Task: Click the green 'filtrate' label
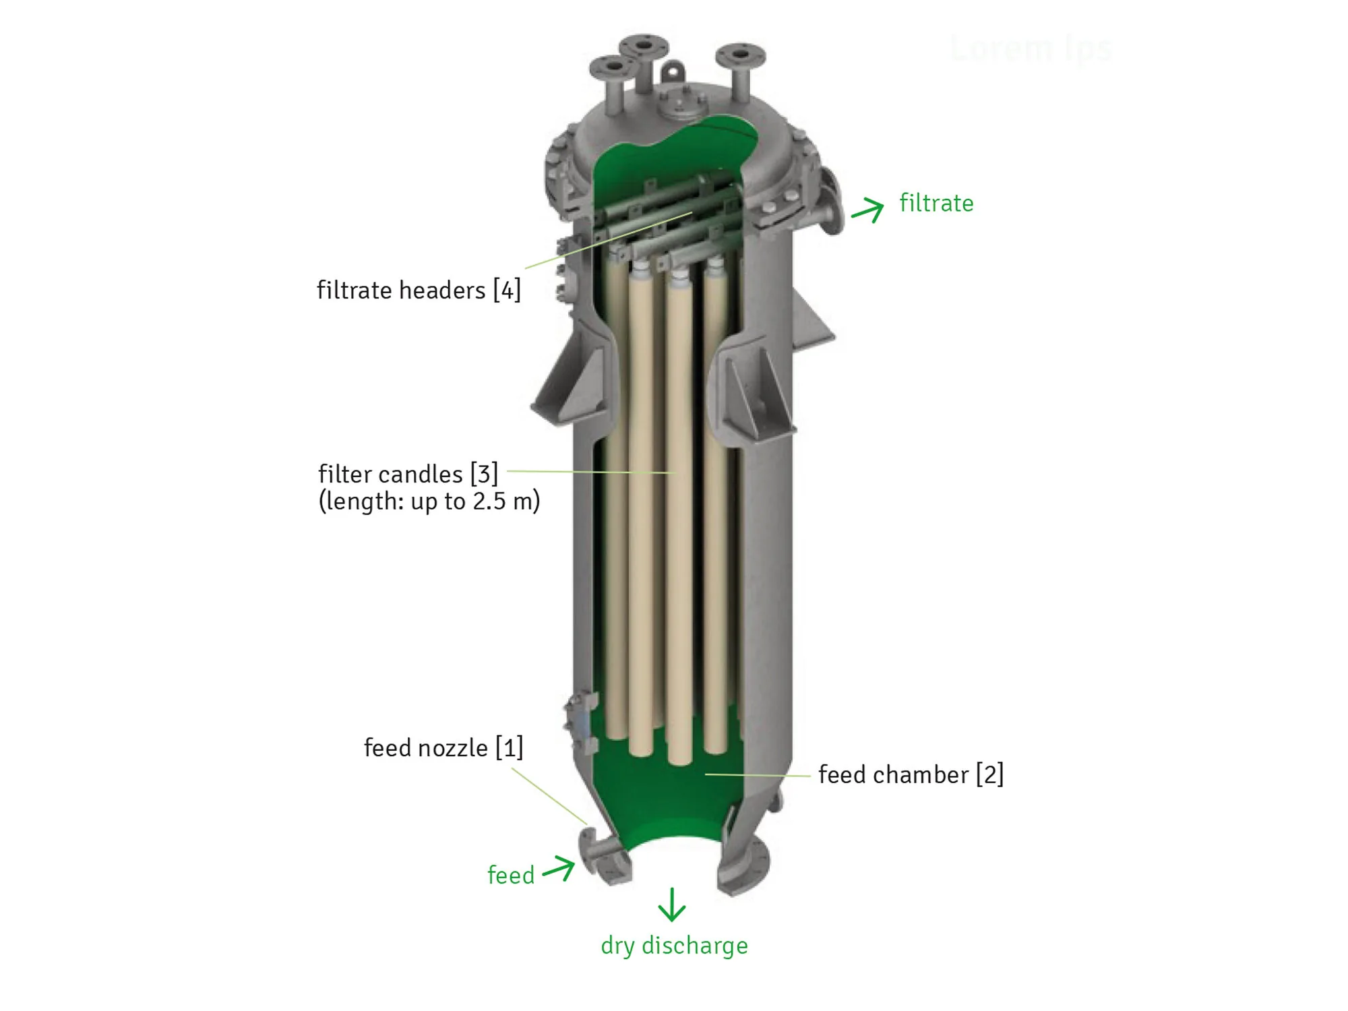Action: click(x=936, y=203)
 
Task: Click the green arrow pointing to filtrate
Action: click(x=867, y=210)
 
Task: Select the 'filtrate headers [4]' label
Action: click(x=419, y=290)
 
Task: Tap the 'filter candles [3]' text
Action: click(x=408, y=474)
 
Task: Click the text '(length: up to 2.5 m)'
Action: click(x=429, y=501)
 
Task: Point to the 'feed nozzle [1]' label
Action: click(x=443, y=747)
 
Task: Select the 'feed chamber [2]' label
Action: click(x=911, y=774)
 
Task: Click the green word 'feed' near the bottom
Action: click(x=511, y=875)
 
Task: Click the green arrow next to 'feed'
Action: click(x=559, y=868)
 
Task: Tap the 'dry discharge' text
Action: click(x=674, y=946)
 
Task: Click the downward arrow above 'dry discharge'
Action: click(x=671, y=905)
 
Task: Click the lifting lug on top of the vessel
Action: click(x=672, y=71)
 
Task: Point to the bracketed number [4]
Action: click(x=507, y=290)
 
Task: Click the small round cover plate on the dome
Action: click(x=682, y=104)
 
